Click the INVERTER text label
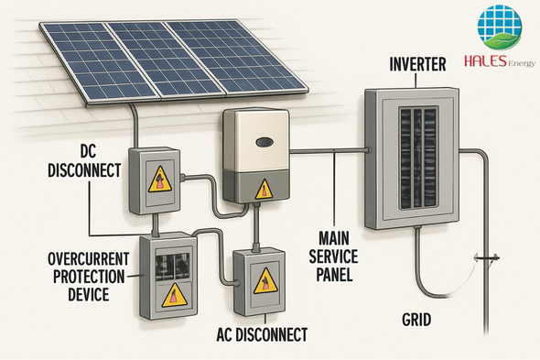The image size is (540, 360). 417,64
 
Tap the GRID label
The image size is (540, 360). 416,320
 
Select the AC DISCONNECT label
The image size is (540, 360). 262,334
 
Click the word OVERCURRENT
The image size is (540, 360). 89,259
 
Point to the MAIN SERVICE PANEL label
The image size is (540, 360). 333,256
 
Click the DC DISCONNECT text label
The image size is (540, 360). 84,161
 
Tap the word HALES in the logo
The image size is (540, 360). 486,60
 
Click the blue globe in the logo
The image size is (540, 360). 500,26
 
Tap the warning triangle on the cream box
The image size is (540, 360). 264,190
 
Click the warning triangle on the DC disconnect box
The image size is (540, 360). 160,180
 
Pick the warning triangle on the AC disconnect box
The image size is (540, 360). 265,281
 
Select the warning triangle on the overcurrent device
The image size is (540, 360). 175,296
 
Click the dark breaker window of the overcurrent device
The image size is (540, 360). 173,267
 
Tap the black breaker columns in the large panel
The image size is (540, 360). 418,158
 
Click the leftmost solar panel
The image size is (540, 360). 98,60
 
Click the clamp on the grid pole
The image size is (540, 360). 487,258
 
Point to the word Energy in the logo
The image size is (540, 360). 522,63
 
